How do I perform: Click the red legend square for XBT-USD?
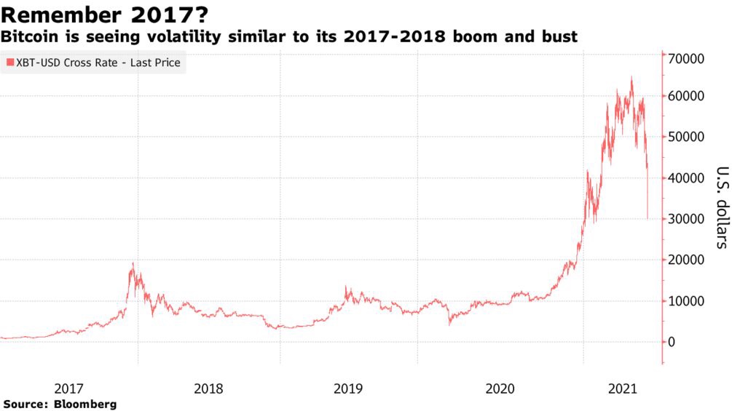9,63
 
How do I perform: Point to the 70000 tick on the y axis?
687,58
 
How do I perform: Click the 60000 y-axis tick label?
687,96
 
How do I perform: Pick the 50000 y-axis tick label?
687,137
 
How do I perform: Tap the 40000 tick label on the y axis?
687,178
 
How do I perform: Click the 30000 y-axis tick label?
687,219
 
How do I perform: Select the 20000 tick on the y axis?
687,260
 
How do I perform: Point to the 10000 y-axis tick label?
687,301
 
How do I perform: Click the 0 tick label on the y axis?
672,342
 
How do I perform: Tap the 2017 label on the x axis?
69,389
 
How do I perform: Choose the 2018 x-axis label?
209,389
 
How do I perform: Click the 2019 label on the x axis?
348,389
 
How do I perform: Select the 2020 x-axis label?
500,389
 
